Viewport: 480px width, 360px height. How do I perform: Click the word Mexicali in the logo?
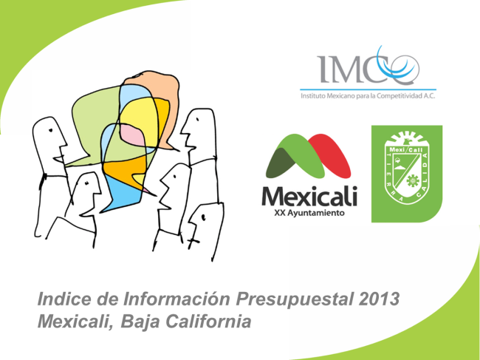pos(309,197)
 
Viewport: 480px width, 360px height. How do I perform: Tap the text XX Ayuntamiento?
pos(309,213)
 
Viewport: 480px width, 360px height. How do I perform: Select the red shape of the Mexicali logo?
pos(332,154)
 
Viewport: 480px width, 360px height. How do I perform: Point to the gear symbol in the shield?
pos(412,181)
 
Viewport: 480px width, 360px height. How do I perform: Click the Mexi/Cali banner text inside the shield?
pos(406,150)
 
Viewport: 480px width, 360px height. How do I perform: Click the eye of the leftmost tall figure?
pos(50,130)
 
